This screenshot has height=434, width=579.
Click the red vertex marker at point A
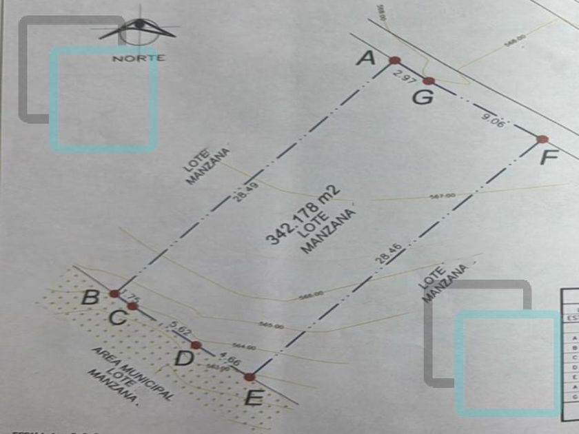pos(394,61)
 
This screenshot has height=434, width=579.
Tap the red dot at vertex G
pos(428,81)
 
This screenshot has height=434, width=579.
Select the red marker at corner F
pos(542,140)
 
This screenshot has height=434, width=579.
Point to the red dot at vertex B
pos(114,293)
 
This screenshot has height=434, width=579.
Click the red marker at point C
pos(132,306)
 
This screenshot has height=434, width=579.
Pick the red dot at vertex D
pos(196,345)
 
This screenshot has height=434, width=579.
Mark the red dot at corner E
pos(250,377)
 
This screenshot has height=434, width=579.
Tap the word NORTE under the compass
pos(139,59)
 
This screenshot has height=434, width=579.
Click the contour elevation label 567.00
pos(443,196)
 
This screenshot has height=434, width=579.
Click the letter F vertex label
pos(549,158)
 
